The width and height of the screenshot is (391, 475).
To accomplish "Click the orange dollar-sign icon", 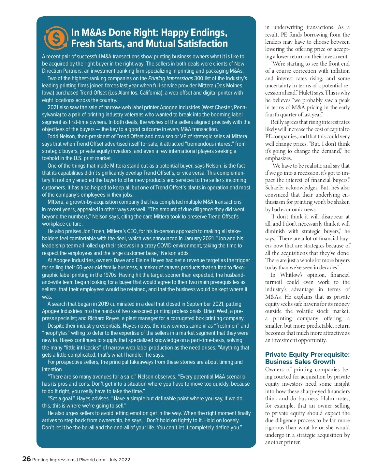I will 56,38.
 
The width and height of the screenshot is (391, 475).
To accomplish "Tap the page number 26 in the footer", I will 26,459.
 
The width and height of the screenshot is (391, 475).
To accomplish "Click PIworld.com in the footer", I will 92,460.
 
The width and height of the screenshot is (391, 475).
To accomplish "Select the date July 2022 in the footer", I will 120,460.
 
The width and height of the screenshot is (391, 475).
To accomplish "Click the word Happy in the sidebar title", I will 175,33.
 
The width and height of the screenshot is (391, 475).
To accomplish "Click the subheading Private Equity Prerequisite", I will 307,354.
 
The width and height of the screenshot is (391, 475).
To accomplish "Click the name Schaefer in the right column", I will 276,187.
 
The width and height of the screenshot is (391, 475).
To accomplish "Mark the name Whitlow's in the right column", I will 291,275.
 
